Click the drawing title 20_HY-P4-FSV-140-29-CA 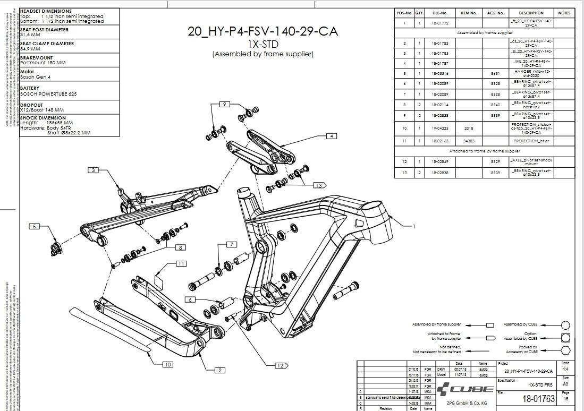tap(262, 31)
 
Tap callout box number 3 tap(94, 170)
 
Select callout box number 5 tap(35, 226)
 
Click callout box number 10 tap(167, 364)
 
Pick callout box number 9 tap(225, 104)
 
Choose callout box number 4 tap(332, 136)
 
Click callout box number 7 tap(231, 244)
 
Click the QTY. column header tap(420, 13)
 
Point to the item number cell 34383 tap(468, 141)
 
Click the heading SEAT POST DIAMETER tap(47, 30)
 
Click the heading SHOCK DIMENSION tap(43, 118)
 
